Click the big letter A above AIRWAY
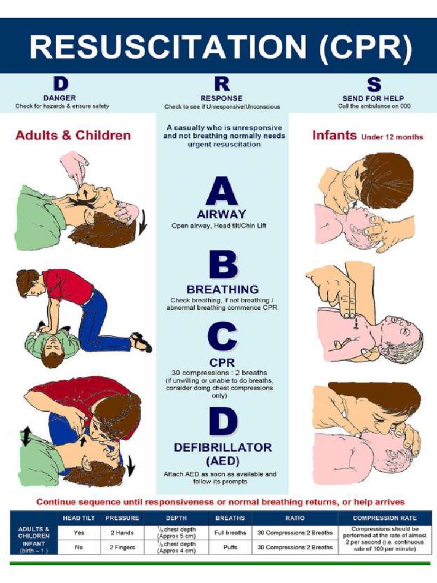click(x=221, y=192)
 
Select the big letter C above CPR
click(x=222, y=338)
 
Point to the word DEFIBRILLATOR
click(x=222, y=447)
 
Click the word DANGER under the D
click(x=60, y=98)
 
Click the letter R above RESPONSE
click(x=222, y=84)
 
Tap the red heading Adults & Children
click(x=73, y=136)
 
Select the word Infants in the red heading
click(x=335, y=136)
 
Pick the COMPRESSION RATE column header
click(x=385, y=518)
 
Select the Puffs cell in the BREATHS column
click(x=230, y=547)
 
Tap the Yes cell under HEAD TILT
click(x=79, y=533)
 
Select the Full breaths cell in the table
click(x=230, y=533)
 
